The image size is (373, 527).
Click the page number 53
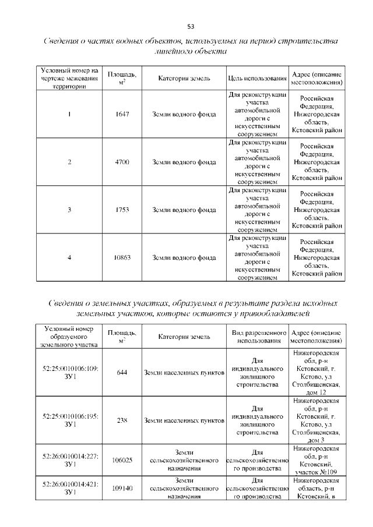click(x=190, y=26)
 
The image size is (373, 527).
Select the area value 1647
click(x=122, y=114)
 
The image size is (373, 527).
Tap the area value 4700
click(x=122, y=162)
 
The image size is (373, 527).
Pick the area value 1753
click(x=122, y=210)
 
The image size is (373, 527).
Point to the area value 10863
click(x=122, y=257)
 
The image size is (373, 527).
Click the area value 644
click(x=122, y=373)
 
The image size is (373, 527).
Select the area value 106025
click(x=122, y=460)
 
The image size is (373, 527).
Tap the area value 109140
click(x=122, y=489)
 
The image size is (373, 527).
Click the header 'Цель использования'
click(x=258, y=79)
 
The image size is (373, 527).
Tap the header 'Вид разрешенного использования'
click(x=258, y=337)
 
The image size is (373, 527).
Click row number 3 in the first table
click(x=69, y=210)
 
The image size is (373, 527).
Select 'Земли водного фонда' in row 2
click(x=184, y=162)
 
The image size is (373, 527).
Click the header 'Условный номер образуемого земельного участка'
click(x=71, y=337)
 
